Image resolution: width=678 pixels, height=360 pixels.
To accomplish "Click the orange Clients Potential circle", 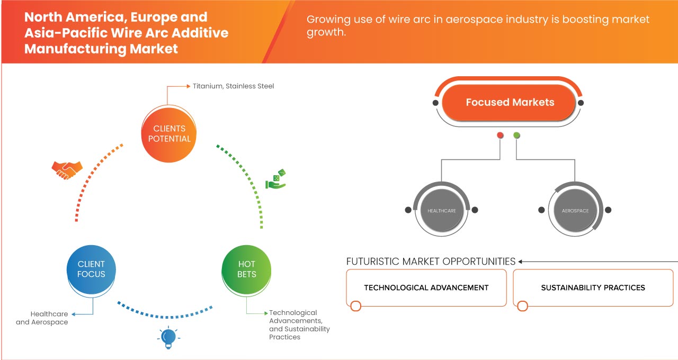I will tap(169, 133).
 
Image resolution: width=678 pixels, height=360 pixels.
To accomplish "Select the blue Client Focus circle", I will tap(91, 269).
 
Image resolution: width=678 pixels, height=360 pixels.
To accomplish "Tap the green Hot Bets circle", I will tap(247, 269).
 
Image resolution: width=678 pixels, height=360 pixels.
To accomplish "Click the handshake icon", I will tap(67, 169).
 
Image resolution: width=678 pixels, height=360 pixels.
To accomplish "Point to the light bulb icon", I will tap(168, 337).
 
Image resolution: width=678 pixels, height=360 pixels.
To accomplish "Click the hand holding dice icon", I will tap(275, 180).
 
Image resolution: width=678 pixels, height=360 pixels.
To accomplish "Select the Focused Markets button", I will tap(510, 102).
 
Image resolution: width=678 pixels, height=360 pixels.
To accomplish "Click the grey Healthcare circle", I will tap(442, 211).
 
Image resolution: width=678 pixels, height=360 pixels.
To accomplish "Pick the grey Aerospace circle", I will tap(575, 211).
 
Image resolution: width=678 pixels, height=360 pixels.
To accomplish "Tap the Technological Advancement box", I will tap(426, 287).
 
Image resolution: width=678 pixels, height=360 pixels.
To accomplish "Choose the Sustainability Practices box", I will tap(593, 287).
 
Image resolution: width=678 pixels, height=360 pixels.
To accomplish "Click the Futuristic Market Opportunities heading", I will tap(431, 262).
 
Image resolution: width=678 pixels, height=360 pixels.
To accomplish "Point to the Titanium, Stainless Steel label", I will tap(233, 86).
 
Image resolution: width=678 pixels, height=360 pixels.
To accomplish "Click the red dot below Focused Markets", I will tap(500, 136).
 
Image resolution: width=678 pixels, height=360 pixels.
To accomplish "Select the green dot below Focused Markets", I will tap(517, 136).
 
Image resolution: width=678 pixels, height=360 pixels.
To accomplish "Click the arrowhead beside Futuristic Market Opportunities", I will tap(521, 262).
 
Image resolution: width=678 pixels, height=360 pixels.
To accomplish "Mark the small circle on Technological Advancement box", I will tap(356, 306).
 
